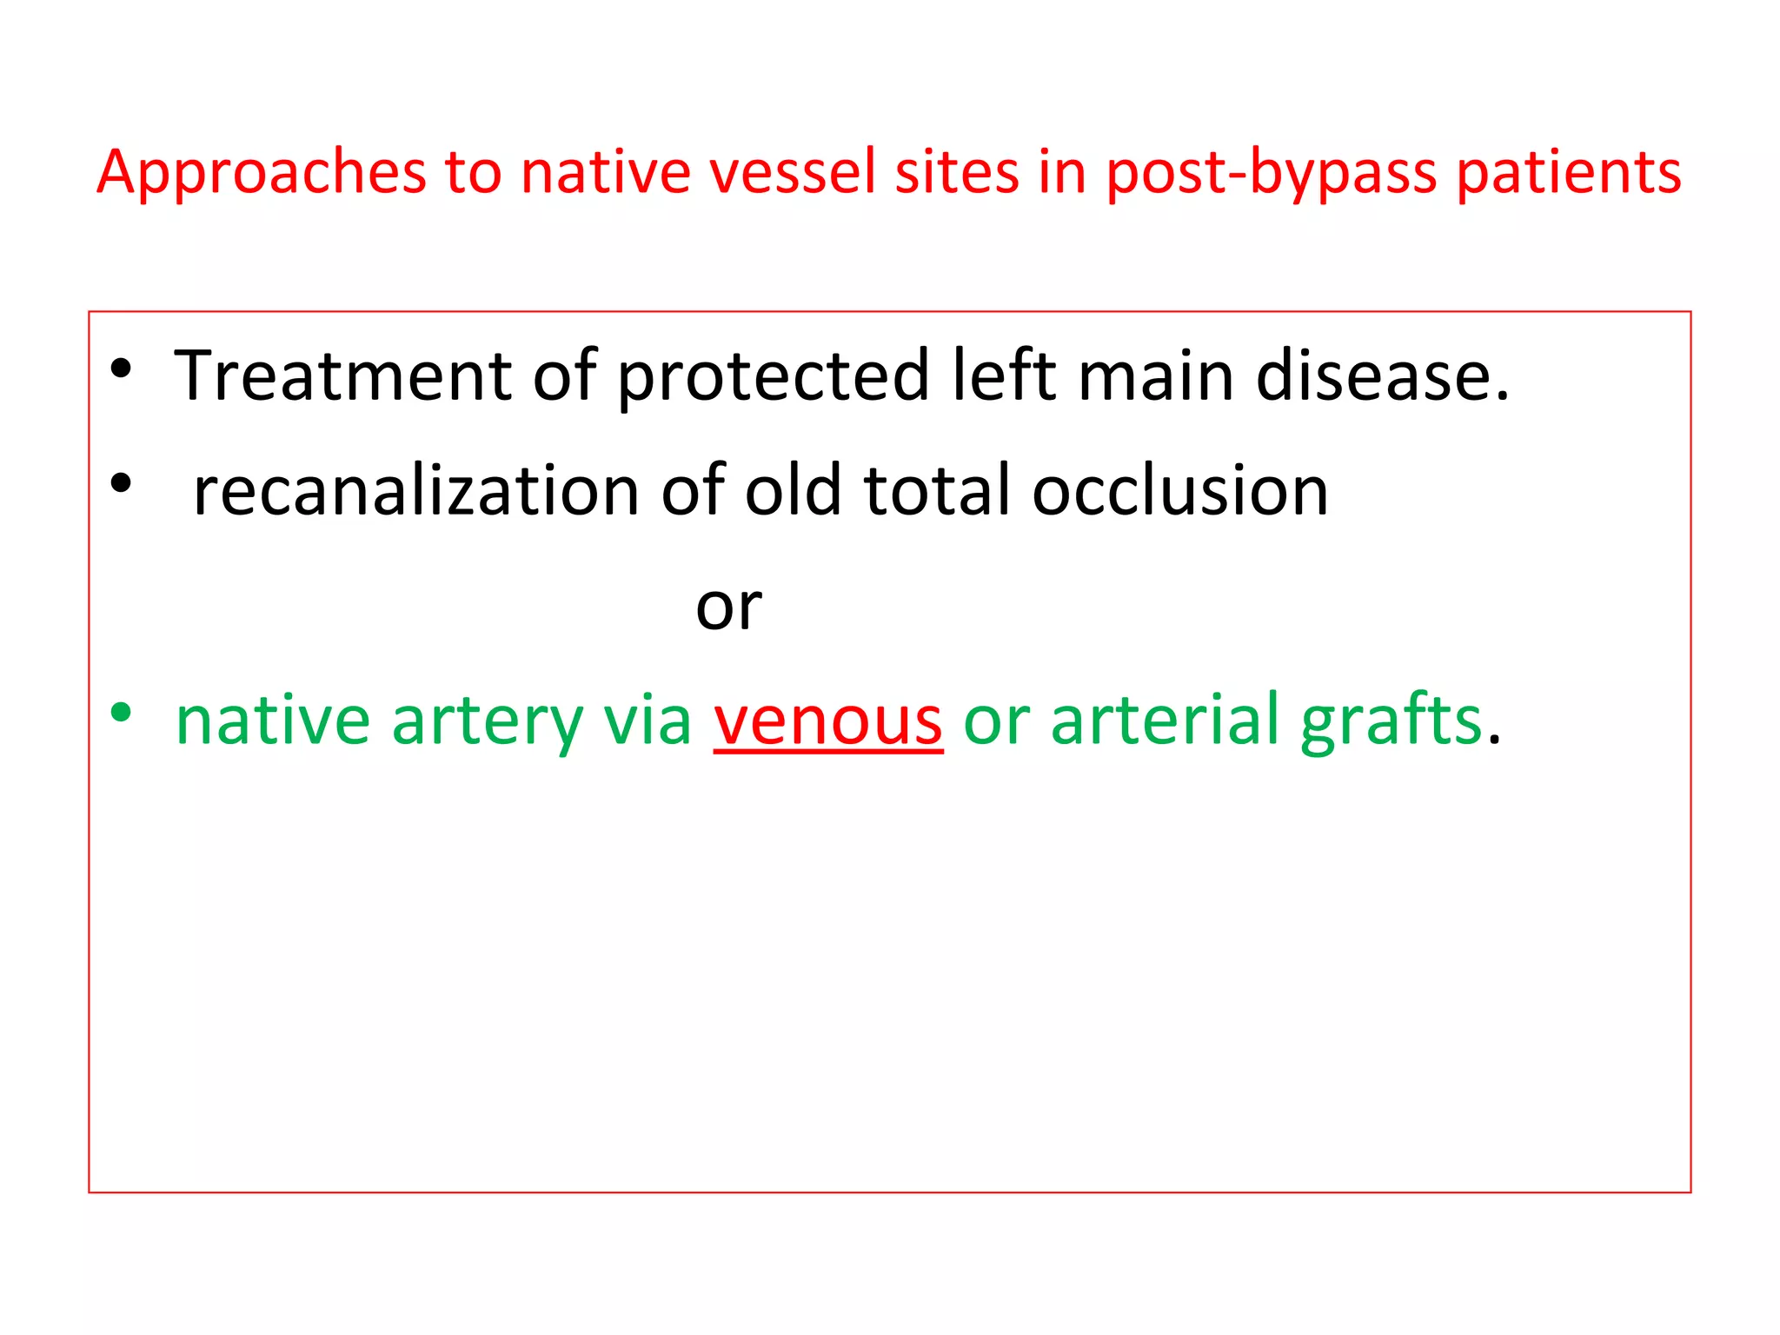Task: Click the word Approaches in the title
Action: click(x=261, y=172)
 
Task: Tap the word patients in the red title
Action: click(x=1569, y=172)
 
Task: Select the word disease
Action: click(x=1382, y=375)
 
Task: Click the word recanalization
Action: click(x=416, y=491)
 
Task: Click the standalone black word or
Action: click(x=728, y=607)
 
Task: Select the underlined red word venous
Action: click(x=828, y=721)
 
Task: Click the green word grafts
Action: click(x=1391, y=721)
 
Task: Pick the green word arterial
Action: click(x=1165, y=721)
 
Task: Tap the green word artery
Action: click(x=487, y=721)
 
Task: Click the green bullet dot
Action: click(x=121, y=714)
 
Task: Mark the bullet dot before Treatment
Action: click(x=121, y=369)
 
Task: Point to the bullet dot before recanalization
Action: click(x=121, y=483)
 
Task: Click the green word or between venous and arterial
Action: click(x=996, y=721)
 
